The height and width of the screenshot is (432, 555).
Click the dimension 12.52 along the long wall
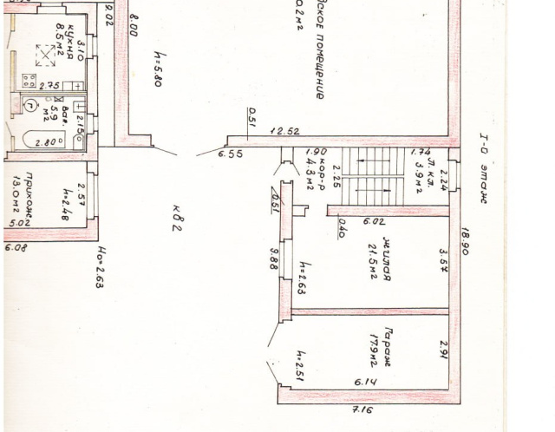point(284,131)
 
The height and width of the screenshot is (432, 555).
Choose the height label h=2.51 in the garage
point(297,368)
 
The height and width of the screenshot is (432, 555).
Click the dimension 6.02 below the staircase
point(375,222)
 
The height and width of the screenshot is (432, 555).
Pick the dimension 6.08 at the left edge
point(16,248)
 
